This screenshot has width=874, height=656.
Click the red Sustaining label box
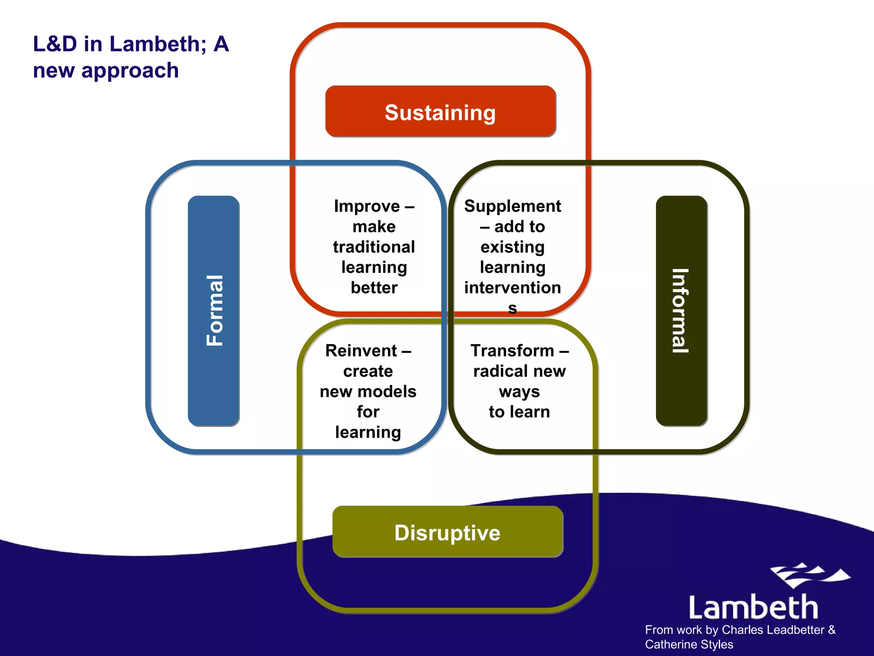[x=440, y=111]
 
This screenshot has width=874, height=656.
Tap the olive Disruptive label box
[x=447, y=532]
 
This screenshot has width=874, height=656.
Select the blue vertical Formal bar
[x=213, y=310]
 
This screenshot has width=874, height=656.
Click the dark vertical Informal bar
[x=681, y=310]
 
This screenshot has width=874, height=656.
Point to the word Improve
[x=367, y=206]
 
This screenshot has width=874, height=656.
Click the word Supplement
[x=512, y=206]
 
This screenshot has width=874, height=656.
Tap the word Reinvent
[x=361, y=351]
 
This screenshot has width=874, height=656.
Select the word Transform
[x=512, y=351]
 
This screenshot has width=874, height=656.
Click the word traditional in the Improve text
[x=374, y=247]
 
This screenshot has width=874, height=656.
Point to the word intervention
[x=512, y=287]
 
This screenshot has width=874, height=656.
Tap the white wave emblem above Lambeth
[x=809, y=575]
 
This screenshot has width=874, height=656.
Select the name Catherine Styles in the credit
[x=689, y=644]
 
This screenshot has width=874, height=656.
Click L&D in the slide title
[x=55, y=44]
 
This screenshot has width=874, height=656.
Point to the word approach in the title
[x=130, y=70]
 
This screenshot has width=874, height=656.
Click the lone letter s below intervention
[x=512, y=308]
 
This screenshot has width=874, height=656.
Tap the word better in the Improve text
[x=374, y=287]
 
